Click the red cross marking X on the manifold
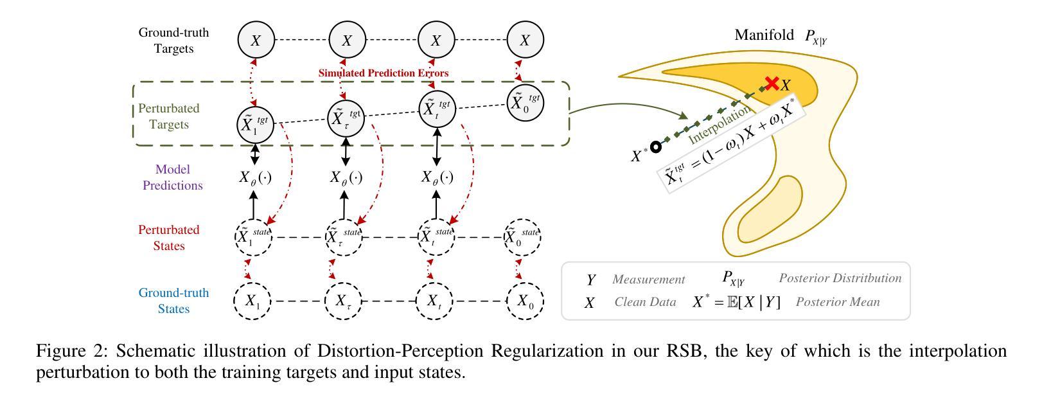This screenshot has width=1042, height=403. click(x=772, y=84)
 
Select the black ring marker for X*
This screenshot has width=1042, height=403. click(x=655, y=147)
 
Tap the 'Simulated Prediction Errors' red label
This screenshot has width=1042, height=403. click(x=384, y=73)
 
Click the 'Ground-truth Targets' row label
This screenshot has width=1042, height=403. click(x=173, y=40)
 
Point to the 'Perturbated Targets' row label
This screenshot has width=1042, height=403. click(x=169, y=116)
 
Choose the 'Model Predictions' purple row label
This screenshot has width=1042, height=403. click(x=172, y=177)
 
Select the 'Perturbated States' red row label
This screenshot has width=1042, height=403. click(x=169, y=238)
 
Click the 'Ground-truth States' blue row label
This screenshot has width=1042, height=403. click(x=173, y=301)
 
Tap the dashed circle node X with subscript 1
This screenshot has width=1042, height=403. click(x=252, y=301)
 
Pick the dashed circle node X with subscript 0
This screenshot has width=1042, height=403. click(x=525, y=301)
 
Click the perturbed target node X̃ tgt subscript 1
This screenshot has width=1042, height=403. click(x=255, y=123)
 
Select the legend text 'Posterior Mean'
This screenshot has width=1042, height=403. click(x=838, y=302)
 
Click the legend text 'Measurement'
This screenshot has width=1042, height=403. click(x=648, y=280)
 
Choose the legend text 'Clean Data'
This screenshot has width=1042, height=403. click(x=645, y=302)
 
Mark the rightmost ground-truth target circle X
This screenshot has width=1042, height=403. click(x=525, y=40)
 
